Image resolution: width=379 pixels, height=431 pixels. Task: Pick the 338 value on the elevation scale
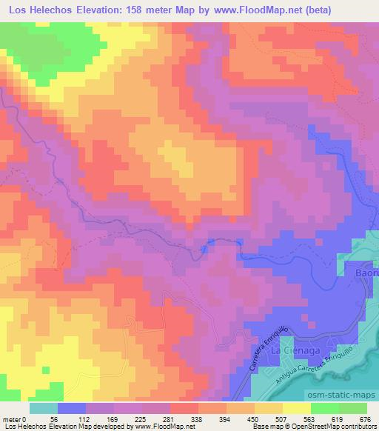196,420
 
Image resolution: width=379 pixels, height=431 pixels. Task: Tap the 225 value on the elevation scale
141,420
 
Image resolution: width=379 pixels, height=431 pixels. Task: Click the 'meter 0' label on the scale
15,420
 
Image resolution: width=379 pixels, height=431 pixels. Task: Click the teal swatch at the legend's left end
44,408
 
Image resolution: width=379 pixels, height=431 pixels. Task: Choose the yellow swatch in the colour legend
296,408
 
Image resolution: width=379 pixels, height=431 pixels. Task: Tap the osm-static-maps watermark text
346,395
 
